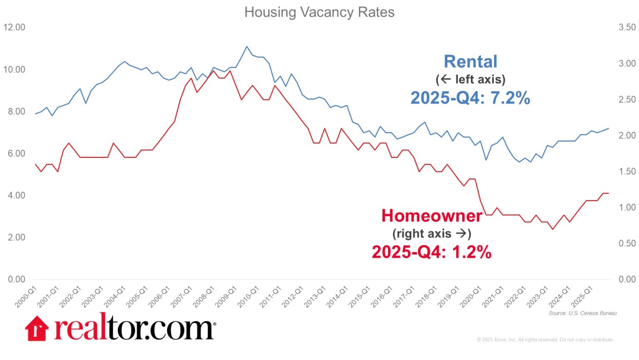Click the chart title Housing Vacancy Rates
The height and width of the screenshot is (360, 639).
click(x=319, y=12)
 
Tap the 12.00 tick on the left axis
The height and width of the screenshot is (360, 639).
click(x=14, y=27)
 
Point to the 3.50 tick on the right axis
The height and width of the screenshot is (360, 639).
click(x=627, y=27)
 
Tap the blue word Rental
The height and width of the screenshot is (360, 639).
click(x=471, y=62)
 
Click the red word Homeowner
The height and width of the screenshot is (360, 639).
click(x=432, y=216)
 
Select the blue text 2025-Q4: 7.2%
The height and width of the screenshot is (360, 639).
click(x=471, y=98)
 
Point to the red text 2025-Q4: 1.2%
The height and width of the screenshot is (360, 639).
click(x=431, y=252)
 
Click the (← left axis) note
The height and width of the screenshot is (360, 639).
click(x=471, y=79)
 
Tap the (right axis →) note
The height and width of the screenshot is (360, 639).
click(x=432, y=233)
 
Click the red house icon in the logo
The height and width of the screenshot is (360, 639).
click(x=37, y=328)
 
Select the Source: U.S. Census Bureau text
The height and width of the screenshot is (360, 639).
click(x=582, y=313)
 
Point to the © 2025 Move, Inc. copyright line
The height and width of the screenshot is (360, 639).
click(x=545, y=340)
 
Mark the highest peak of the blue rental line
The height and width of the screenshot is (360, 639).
click(x=247, y=47)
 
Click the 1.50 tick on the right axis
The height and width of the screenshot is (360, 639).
click(x=627, y=171)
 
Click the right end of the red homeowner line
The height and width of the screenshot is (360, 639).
click(x=608, y=193)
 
